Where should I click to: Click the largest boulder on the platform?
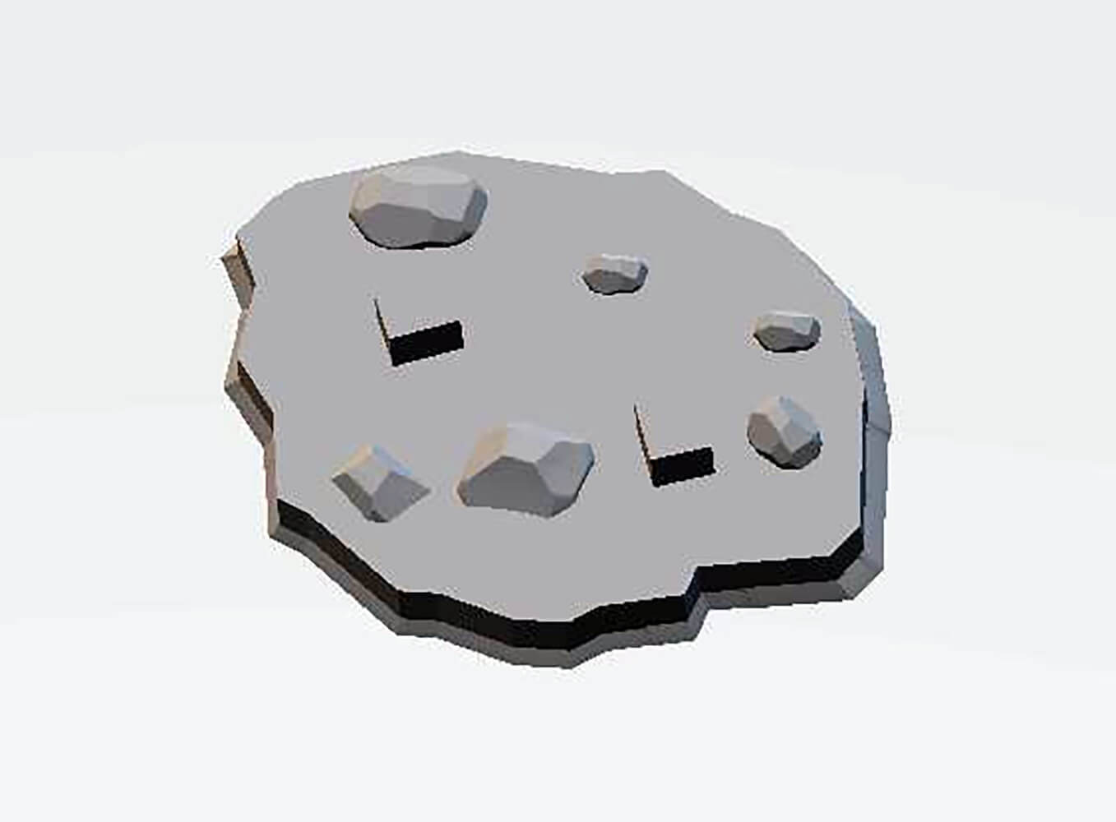[x=418, y=207]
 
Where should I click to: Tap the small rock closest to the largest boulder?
[x=614, y=273]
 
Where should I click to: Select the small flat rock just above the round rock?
[x=787, y=331]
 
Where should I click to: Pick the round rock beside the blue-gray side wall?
[x=784, y=433]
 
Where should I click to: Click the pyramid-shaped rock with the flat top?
[x=379, y=483]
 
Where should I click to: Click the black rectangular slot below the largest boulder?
[x=426, y=343]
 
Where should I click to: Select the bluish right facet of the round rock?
[x=806, y=436]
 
